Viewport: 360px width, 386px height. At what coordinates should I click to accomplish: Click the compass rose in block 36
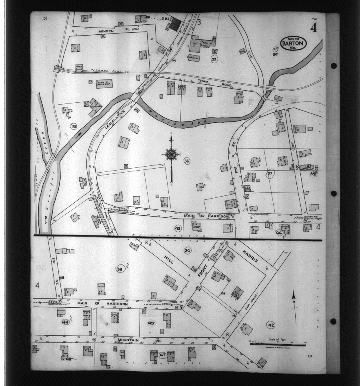[171, 154]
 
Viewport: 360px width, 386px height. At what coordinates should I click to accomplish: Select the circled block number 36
[186, 161]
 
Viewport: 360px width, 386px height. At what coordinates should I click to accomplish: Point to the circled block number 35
[74, 126]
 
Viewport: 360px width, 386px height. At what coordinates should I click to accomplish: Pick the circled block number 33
[214, 59]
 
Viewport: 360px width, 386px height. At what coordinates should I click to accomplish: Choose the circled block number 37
[270, 173]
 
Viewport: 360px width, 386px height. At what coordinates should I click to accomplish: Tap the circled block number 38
[119, 269]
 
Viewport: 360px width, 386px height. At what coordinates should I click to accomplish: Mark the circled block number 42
[271, 324]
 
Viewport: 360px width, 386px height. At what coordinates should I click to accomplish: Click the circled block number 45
[151, 323]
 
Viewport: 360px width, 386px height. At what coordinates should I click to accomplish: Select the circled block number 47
[162, 355]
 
